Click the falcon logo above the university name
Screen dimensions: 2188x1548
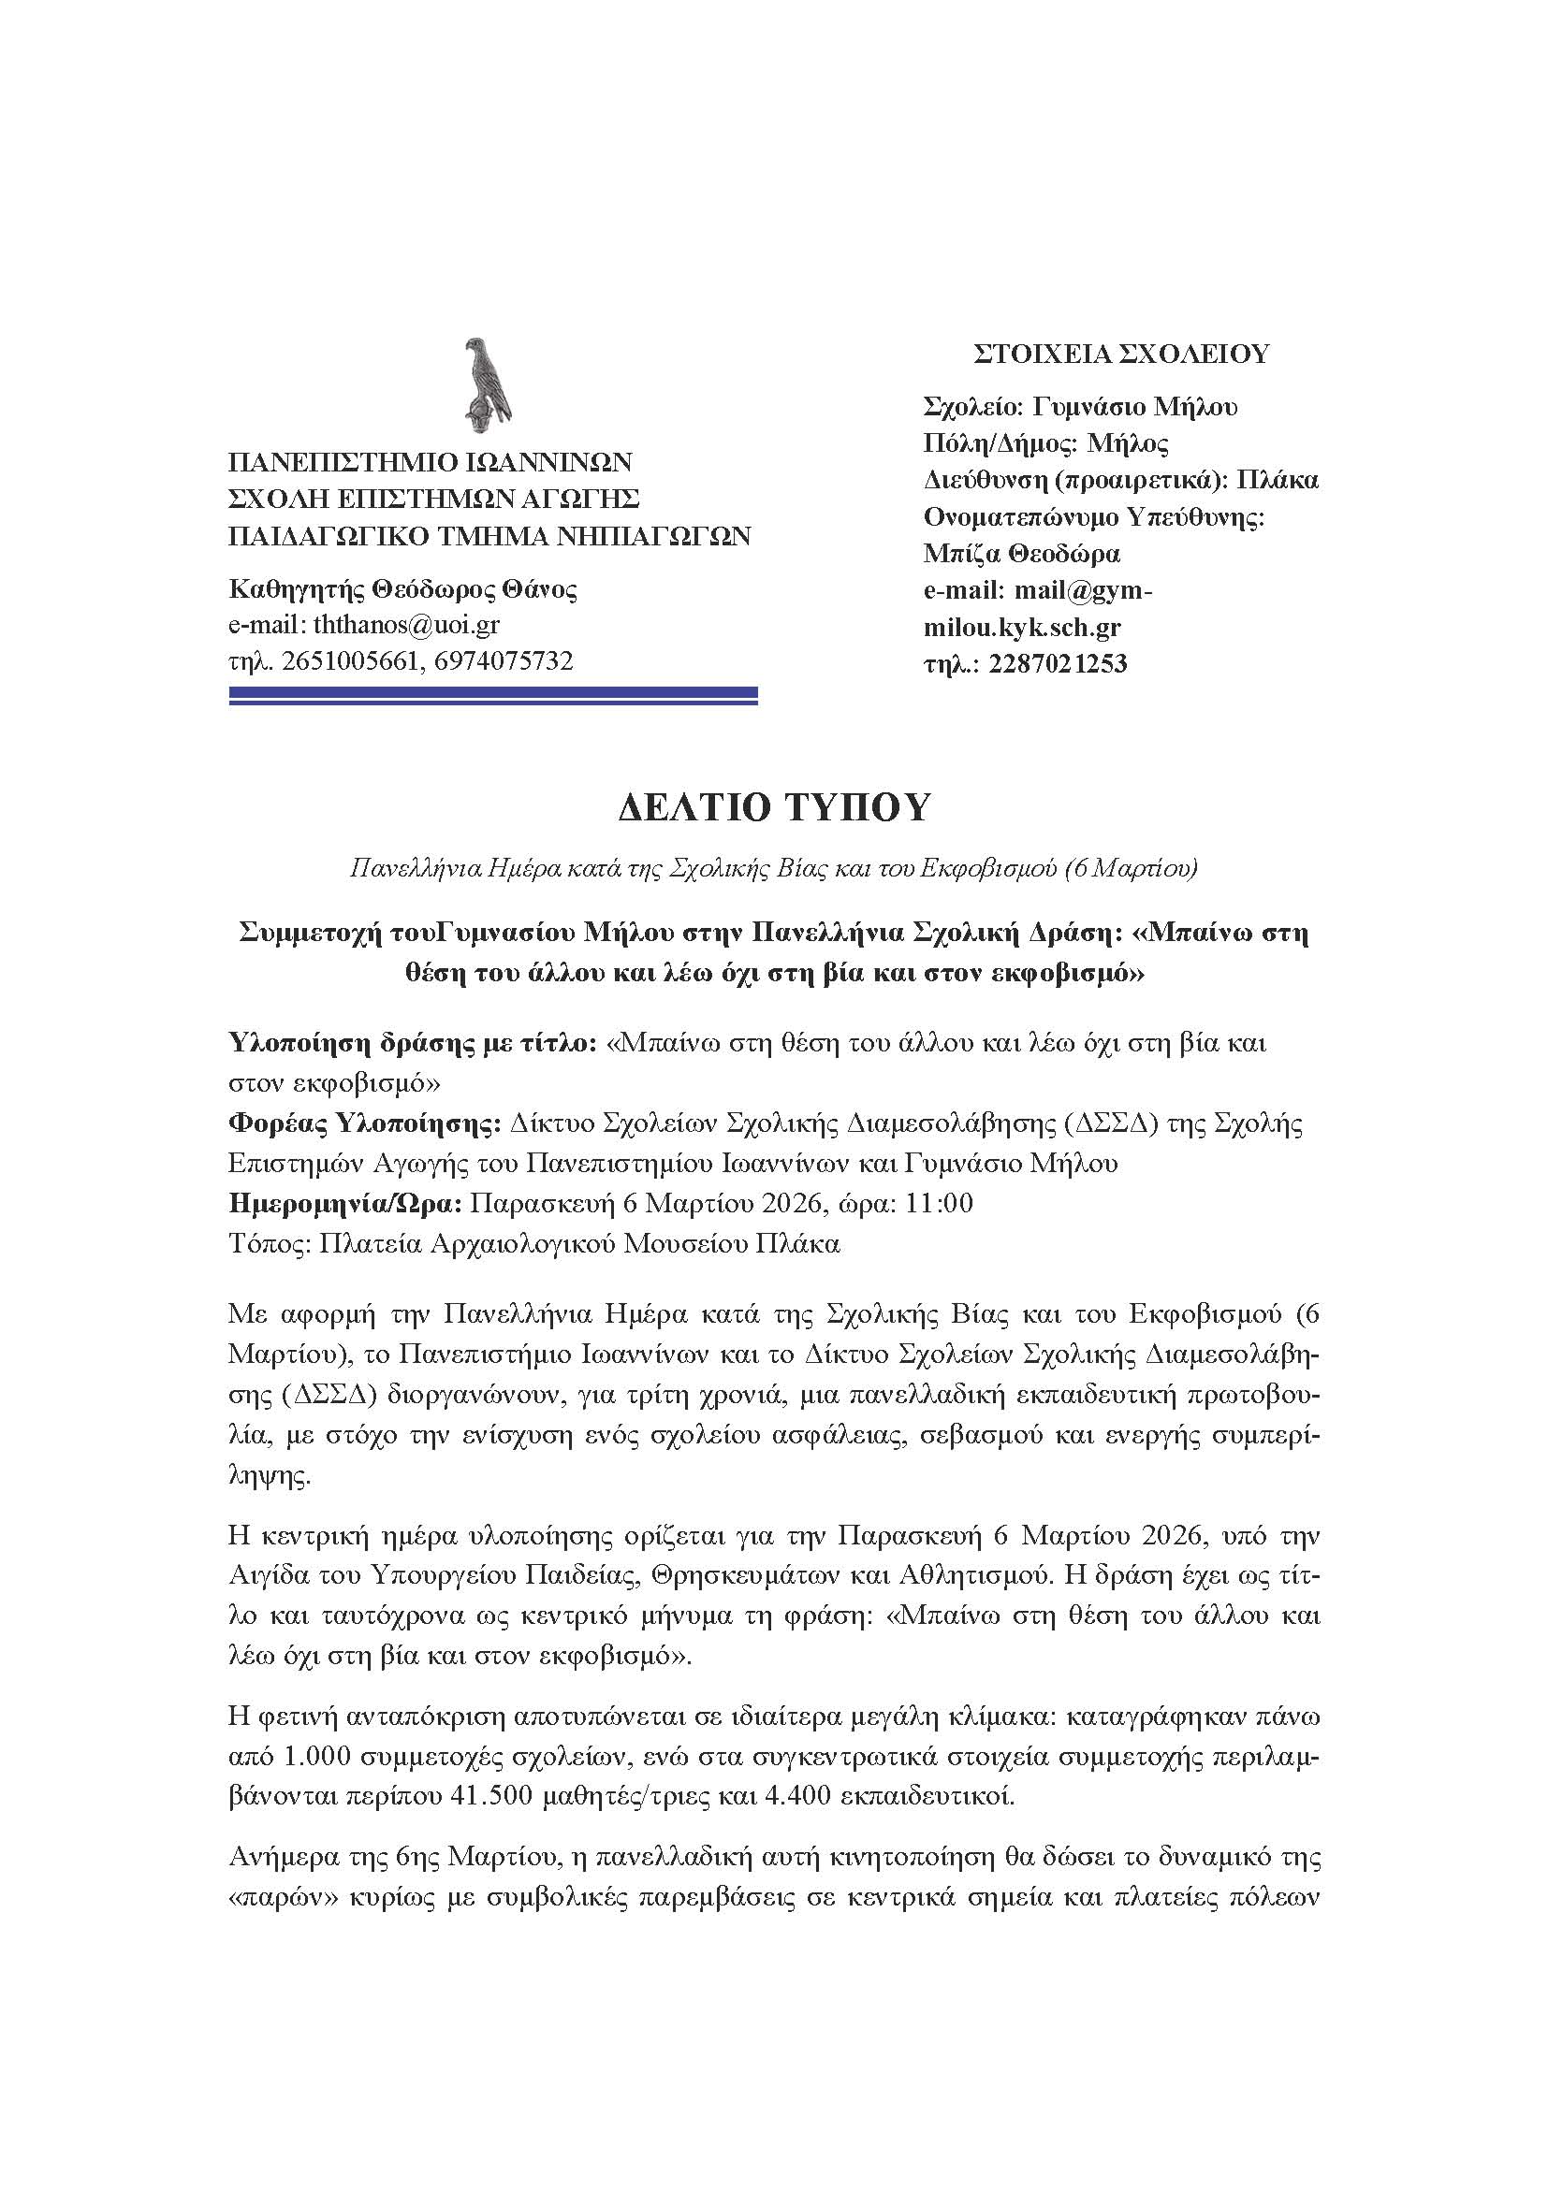point(486,381)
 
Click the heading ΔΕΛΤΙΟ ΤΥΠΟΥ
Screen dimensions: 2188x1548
point(773,808)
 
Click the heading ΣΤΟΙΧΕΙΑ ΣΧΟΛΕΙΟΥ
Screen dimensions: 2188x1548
point(1121,355)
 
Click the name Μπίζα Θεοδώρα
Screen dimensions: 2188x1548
point(1021,554)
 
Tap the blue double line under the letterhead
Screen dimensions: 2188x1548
point(493,697)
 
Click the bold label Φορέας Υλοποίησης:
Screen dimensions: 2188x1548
point(365,1124)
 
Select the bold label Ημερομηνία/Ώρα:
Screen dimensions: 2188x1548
point(345,1204)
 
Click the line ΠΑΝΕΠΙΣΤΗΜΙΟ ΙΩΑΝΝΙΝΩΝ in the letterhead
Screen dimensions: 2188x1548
point(430,462)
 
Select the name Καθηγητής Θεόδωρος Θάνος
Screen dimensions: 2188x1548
point(403,589)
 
